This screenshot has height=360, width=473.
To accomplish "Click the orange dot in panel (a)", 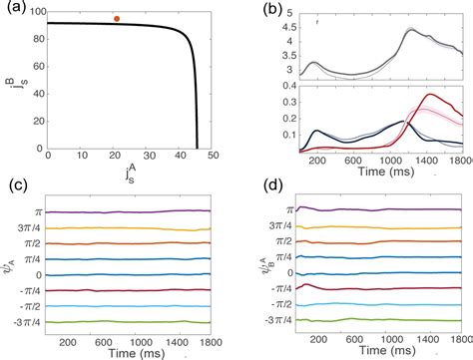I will click(117, 18).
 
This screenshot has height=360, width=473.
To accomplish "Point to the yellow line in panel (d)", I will click(379, 225).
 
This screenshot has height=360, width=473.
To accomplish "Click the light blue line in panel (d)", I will click(379, 306).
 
